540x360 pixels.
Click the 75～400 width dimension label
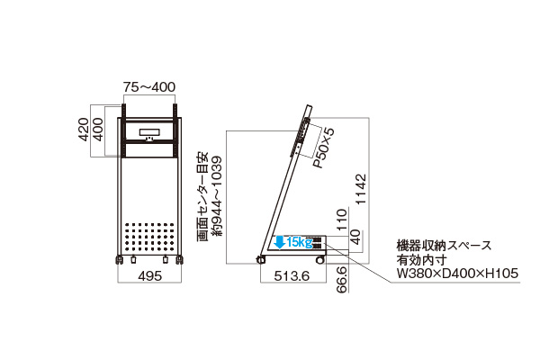coord(149,86)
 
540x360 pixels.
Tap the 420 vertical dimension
coord(84,130)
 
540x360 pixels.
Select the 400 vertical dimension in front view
coord(98,130)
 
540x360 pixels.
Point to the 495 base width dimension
coord(149,276)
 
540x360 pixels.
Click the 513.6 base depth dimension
coord(292,275)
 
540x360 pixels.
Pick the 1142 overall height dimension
coord(361,189)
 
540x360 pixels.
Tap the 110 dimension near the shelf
coord(341,220)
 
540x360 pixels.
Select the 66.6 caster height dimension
coord(341,279)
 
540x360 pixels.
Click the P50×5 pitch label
coord(323,148)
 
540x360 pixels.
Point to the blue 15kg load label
coord(299,242)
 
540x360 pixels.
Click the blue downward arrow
coord(280,242)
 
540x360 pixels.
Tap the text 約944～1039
coord(217,196)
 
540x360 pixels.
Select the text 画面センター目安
coord(202,196)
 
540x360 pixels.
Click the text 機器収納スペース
coord(444,246)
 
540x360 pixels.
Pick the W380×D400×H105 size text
coord(457,274)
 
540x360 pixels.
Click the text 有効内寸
coord(421,260)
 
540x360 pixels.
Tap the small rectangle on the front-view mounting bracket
coord(149,132)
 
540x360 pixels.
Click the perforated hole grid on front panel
coord(149,237)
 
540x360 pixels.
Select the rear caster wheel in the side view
coord(261,259)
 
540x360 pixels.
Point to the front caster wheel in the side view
coord(319,260)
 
